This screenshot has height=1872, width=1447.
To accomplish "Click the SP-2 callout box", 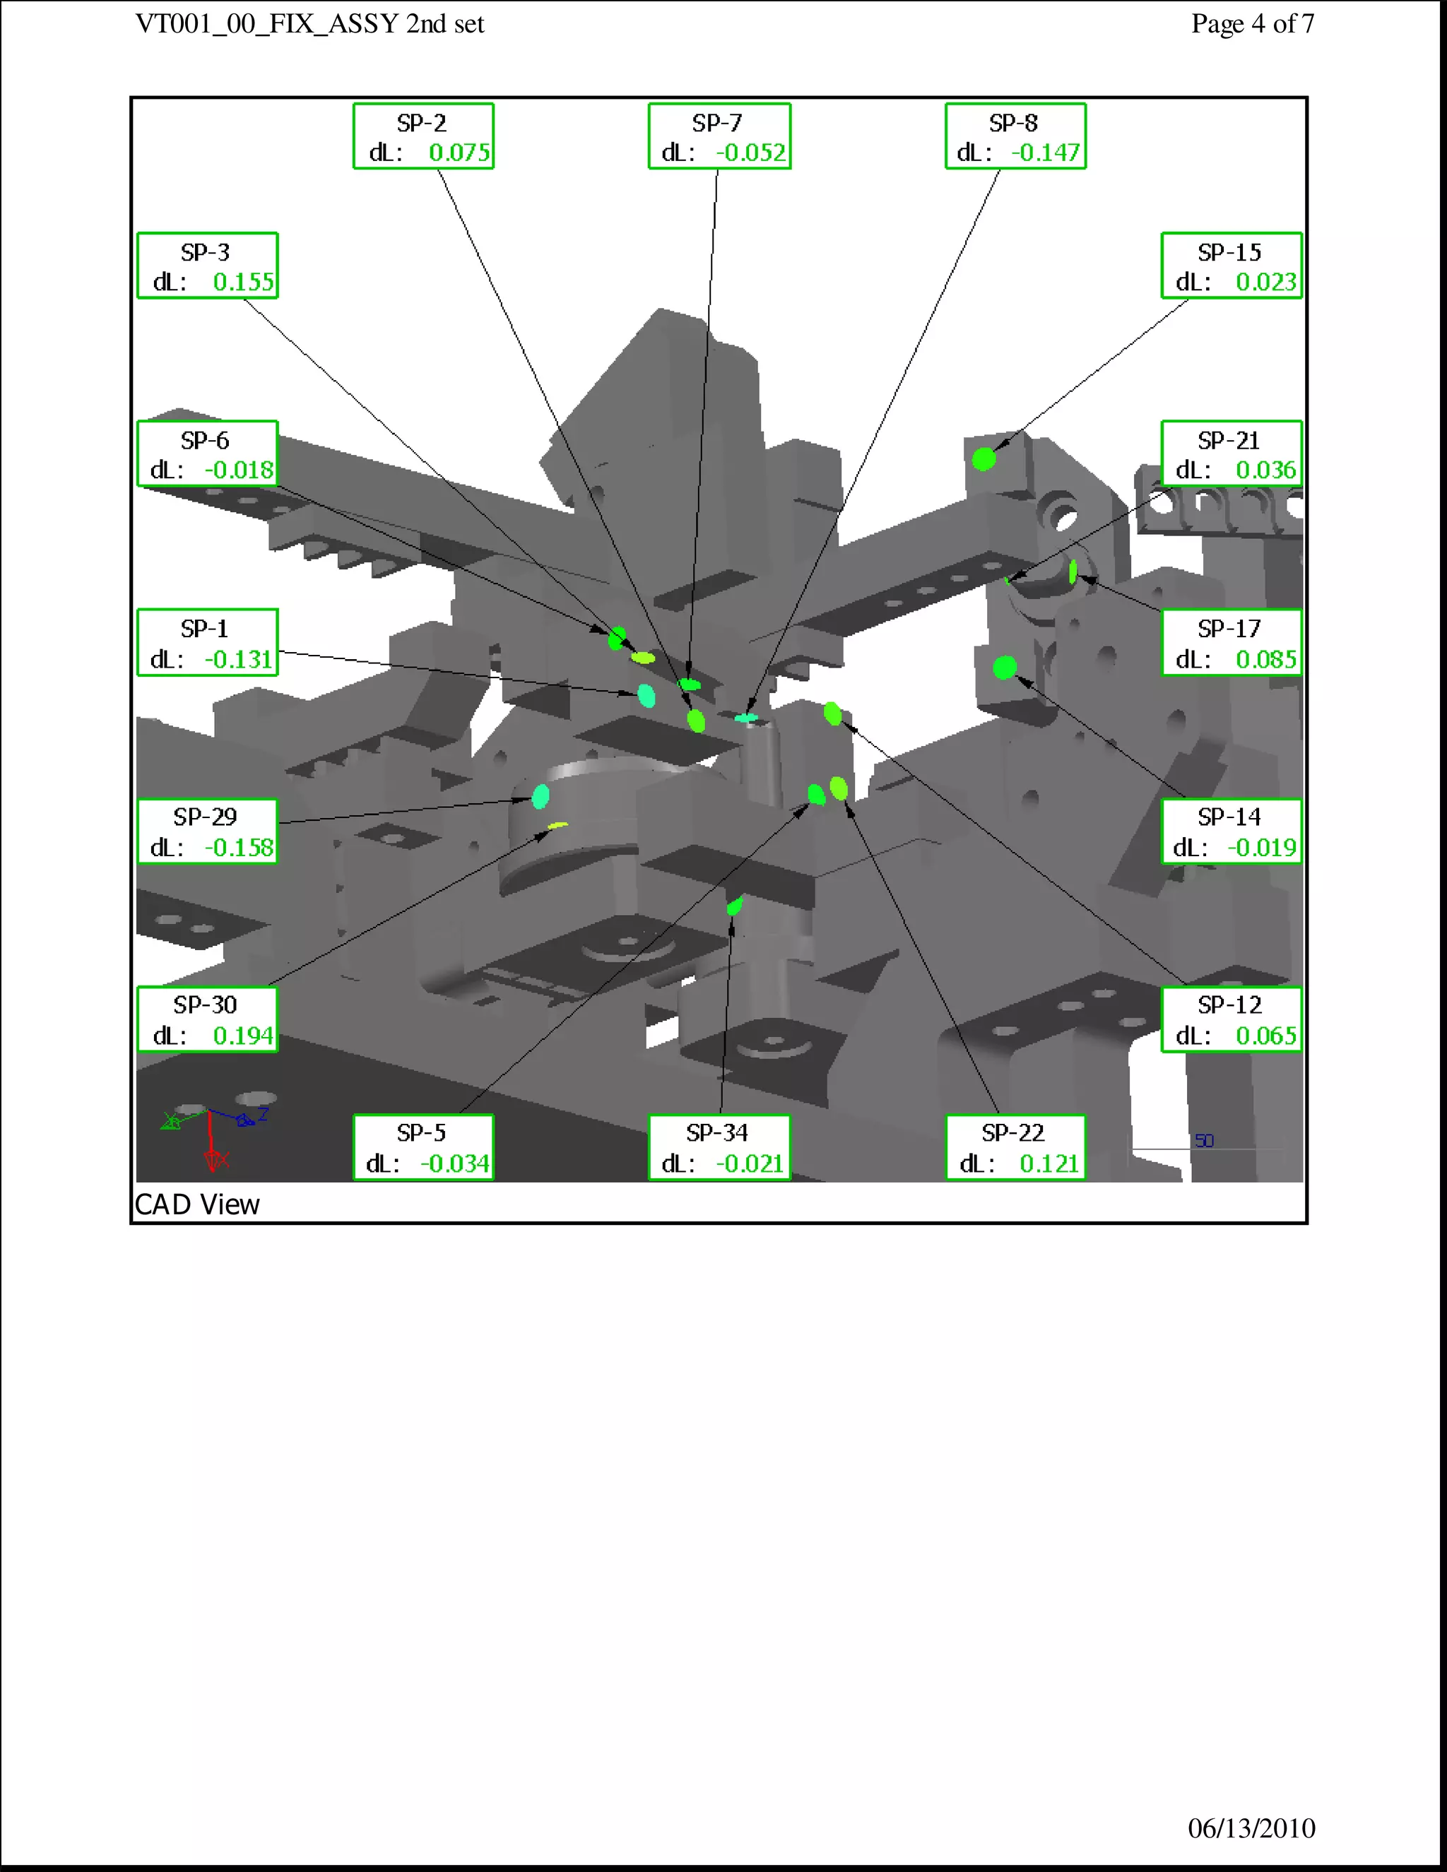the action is [x=423, y=136].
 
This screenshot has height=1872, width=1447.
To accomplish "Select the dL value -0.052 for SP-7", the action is [x=751, y=153].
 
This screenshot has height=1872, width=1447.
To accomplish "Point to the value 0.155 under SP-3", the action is [x=244, y=282].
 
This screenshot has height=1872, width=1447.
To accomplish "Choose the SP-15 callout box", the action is [x=1232, y=266].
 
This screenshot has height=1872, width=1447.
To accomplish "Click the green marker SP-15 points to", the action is [x=984, y=459].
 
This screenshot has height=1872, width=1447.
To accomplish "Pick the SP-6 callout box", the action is [x=208, y=454].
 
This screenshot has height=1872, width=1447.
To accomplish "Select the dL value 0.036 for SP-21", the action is [x=1266, y=470].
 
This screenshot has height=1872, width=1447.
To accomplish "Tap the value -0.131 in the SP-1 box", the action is [x=238, y=659].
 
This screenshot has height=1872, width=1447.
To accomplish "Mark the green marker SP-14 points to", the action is [x=1005, y=667].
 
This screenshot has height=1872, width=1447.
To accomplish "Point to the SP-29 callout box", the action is [x=208, y=831].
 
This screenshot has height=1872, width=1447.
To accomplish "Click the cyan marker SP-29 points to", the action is [x=541, y=796].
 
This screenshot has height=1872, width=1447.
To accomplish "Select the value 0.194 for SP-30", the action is [x=244, y=1036].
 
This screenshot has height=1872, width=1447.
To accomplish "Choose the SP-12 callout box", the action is [x=1232, y=1019].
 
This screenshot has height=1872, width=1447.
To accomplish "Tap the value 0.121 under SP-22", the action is [x=1049, y=1163].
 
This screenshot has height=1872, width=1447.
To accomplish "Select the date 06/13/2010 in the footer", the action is [x=1251, y=1828].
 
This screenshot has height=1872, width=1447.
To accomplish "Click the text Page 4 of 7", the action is [x=1253, y=24].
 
